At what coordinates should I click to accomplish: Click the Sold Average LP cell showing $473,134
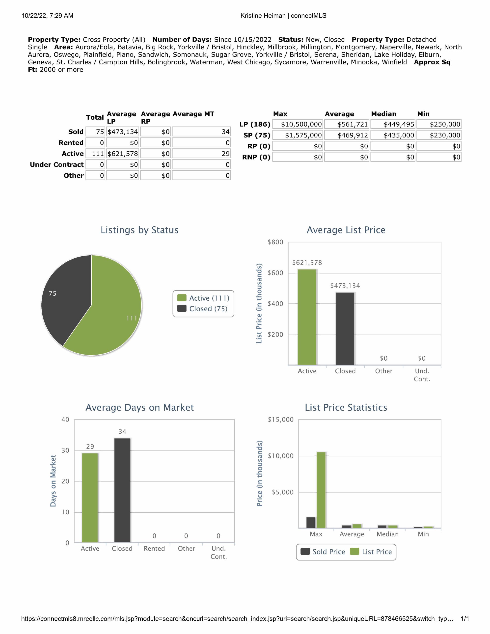[x=123, y=132]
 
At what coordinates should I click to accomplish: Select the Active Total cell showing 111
[x=95, y=154]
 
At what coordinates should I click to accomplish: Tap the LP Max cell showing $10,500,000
[x=298, y=124]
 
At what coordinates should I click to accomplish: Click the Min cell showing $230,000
[x=439, y=135]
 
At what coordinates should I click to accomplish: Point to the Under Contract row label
[x=57, y=165]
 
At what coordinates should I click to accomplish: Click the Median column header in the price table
[x=383, y=114]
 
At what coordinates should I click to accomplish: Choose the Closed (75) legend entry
[x=203, y=309]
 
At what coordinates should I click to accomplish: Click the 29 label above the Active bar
[x=90, y=447]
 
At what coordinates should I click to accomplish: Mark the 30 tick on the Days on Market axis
[x=65, y=450]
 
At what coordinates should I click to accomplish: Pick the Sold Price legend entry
[x=323, y=552]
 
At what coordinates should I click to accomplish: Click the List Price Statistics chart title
[x=346, y=408]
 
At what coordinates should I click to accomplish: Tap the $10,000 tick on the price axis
[x=281, y=456]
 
